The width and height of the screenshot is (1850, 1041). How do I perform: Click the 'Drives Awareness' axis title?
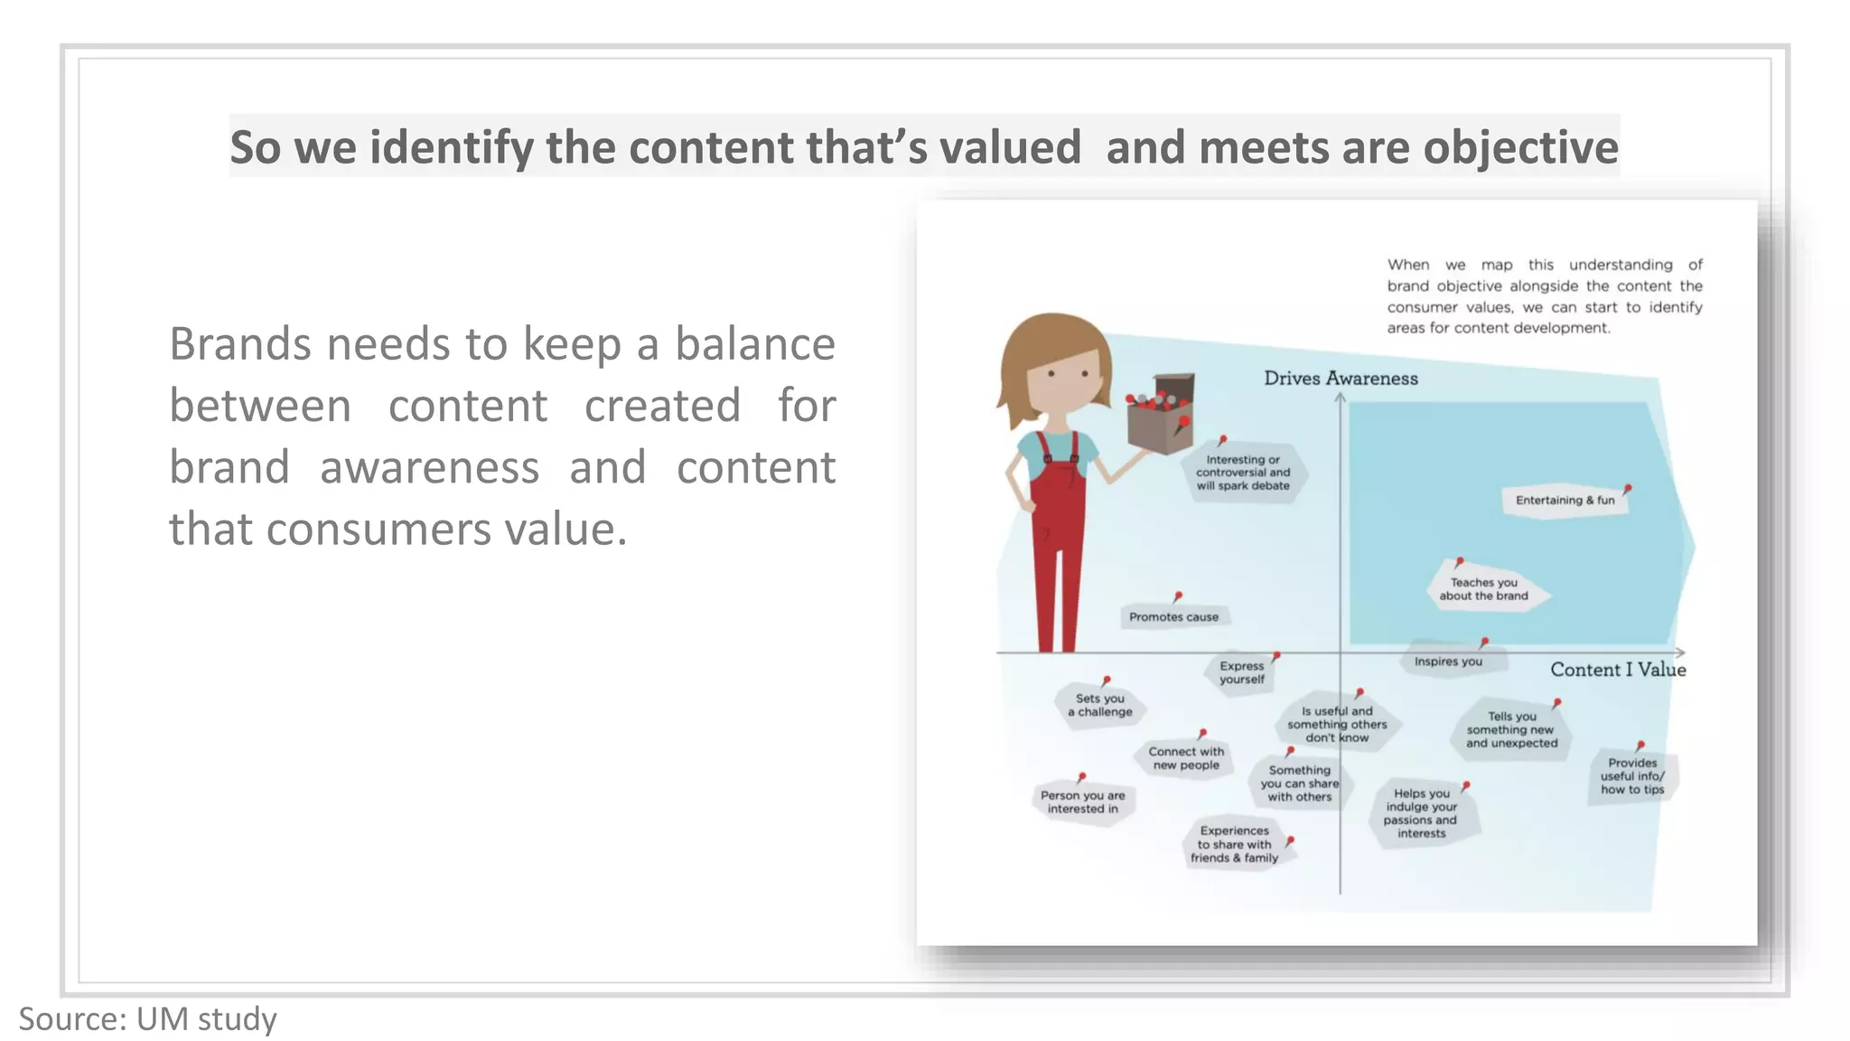click(x=1341, y=379)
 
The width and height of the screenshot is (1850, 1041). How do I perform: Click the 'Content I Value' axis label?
click(x=1618, y=670)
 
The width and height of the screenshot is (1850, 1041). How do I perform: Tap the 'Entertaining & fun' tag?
click(x=1565, y=501)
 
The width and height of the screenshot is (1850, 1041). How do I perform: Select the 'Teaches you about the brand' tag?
click(x=1484, y=589)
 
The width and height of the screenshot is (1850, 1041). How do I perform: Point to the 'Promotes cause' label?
click(x=1173, y=617)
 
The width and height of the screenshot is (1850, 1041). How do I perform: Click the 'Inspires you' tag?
click(x=1448, y=661)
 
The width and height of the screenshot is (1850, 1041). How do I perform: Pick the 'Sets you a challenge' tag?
click(x=1100, y=705)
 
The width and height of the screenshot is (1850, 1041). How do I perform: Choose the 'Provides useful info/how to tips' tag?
click(x=1632, y=776)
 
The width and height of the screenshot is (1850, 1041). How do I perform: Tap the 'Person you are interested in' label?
click(x=1082, y=802)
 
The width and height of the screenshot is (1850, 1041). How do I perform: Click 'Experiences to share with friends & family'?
click(x=1234, y=844)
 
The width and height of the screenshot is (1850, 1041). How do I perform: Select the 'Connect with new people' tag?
click(x=1186, y=758)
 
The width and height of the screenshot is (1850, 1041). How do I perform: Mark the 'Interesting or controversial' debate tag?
click(x=1243, y=473)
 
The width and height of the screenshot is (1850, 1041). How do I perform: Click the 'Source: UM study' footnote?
click(x=147, y=1018)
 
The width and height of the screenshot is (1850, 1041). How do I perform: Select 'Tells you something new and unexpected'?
click(x=1511, y=729)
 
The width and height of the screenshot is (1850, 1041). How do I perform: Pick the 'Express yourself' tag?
click(x=1241, y=672)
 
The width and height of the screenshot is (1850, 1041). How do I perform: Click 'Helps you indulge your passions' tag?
click(x=1421, y=813)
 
